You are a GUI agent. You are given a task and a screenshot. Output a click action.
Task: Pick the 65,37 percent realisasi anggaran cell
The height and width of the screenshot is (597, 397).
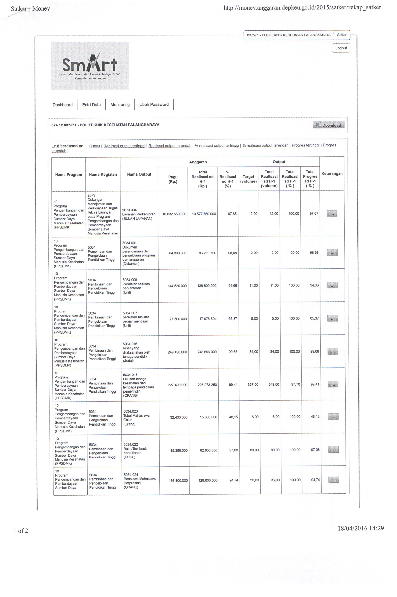(232, 319)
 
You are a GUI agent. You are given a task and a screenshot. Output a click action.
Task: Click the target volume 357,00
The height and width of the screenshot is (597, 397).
(253, 384)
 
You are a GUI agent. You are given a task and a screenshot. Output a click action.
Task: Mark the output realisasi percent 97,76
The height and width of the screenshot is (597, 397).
(295, 384)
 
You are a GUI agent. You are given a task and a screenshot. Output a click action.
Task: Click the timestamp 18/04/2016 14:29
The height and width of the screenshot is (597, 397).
(361, 528)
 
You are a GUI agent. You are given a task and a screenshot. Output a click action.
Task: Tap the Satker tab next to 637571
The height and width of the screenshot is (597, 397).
(342, 35)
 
